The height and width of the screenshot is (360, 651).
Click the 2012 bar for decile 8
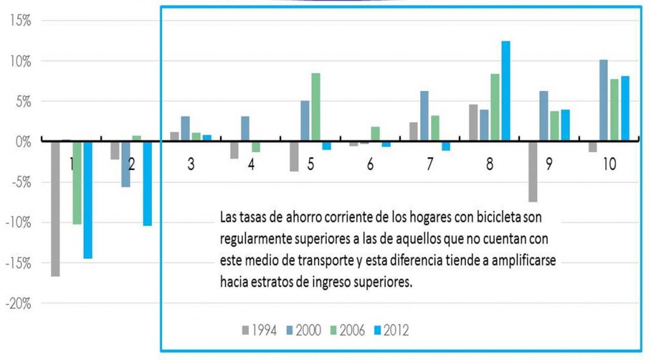(505, 90)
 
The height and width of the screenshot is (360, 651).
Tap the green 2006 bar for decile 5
(316, 107)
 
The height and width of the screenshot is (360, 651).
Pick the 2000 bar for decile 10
(603, 100)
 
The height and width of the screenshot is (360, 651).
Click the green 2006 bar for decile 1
(77, 182)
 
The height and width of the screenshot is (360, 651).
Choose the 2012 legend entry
(390, 331)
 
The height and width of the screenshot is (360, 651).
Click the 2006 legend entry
(346, 331)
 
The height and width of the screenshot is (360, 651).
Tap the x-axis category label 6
(371, 164)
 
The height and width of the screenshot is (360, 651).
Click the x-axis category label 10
(609, 164)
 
